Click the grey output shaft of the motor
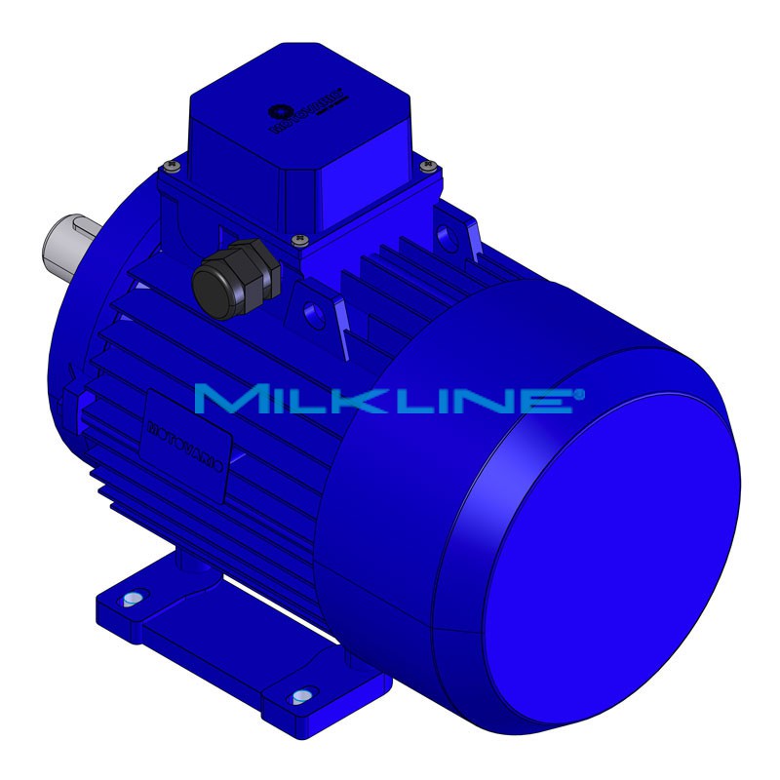70,244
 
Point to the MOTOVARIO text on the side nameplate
185,443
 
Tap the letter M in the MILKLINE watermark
225,400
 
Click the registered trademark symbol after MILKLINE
580,393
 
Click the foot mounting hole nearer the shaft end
134,597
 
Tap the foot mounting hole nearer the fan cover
302,696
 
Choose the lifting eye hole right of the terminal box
448,233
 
